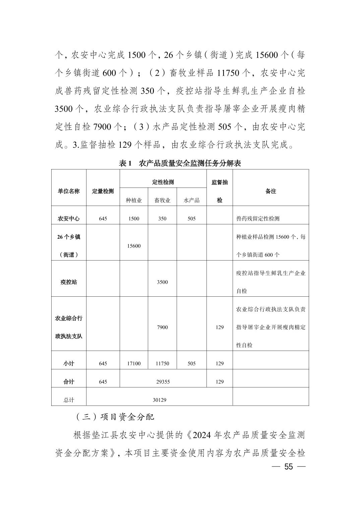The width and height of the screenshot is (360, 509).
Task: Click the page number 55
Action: click(288, 467)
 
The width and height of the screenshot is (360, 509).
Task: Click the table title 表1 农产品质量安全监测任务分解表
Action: click(180, 163)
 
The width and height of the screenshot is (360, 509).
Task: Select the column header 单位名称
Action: click(69, 191)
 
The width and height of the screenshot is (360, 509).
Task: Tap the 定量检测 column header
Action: click(103, 191)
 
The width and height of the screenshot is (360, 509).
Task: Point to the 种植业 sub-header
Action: click(134, 200)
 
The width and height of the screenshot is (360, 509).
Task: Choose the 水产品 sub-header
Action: click(191, 200)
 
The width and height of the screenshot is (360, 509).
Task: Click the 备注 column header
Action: click(271, 191)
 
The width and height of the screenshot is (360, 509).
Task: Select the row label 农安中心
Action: click(69, 219)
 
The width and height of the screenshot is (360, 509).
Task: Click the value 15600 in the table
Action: click(134, 246)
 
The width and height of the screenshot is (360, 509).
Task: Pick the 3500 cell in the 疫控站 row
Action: click(162, 282)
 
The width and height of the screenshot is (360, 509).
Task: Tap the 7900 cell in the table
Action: click(162, 327)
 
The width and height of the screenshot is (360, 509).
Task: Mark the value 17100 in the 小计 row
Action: click(134, 363)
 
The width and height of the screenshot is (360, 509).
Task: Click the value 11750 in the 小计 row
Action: click(162, 363)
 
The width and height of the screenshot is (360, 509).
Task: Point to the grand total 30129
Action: click(160, 400)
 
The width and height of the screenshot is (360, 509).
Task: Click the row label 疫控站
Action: click(69, 282)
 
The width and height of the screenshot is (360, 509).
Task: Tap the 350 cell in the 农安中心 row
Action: click(162, 219)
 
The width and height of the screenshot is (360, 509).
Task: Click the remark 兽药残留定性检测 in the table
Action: click(258, 219)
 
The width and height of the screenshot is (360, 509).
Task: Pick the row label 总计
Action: click(69, 400)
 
